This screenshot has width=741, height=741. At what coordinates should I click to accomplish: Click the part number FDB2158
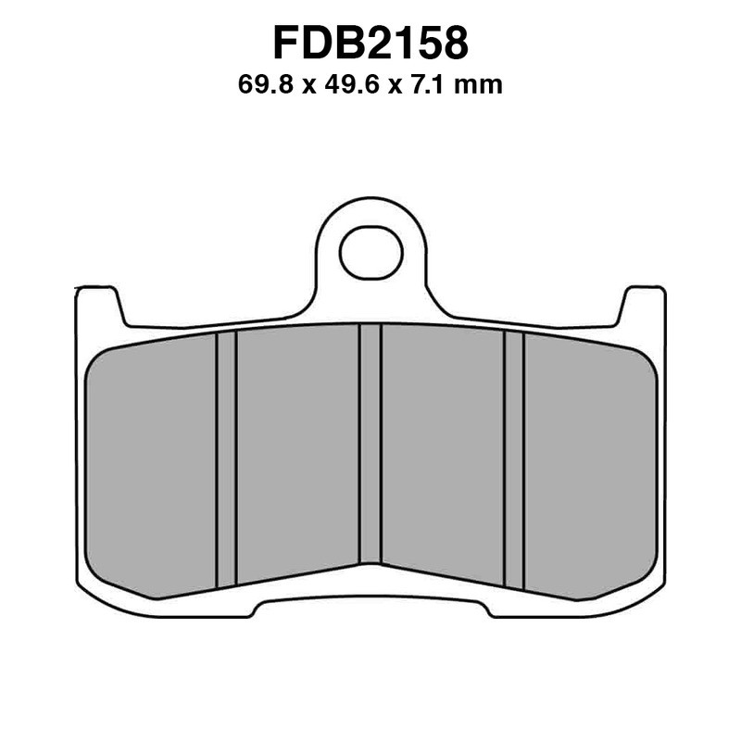pyautogui.click(x=370, y=44)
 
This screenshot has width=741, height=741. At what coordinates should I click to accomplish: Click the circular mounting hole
pyautogui.click(x=370, y=252)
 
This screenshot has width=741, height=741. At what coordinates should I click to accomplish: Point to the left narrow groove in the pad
pyautogui.click(x=226, y=458)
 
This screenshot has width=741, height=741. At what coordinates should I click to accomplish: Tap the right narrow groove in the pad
pyautogui.click(x=514, y=458)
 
